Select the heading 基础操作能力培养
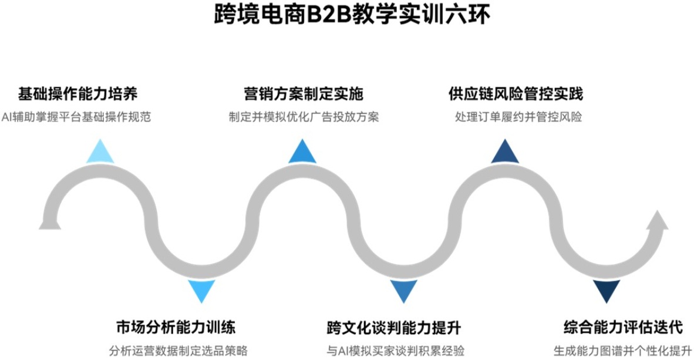(x=78, y=93)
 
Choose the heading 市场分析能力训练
(x=176, y=327)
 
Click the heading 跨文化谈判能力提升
(x=394, y=327)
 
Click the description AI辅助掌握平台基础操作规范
(x=76, y=117)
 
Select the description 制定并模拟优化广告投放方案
(x=304, y=117)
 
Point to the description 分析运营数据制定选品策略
(x=178, y=351)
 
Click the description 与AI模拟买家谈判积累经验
(x=395, y=351)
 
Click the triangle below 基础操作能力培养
(x=100, y=153)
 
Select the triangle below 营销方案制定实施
(x=302, y=153)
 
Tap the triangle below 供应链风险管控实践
(x=505, y=153)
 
